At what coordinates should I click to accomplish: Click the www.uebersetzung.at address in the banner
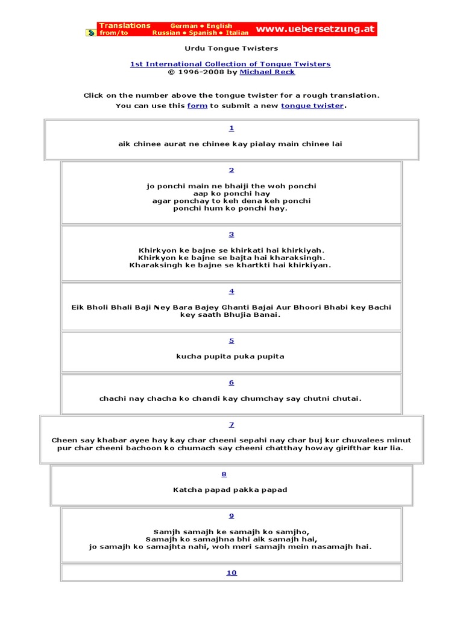[x=315, y=29]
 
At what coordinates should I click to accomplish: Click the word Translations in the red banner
[x=125, y=25]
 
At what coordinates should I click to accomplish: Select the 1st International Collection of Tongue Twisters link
[x=230, y=64]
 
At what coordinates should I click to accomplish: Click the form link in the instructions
[x=197, y=106]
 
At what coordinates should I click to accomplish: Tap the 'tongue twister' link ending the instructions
[x=312, y=106]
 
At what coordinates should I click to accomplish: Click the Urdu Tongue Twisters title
[x=231, y=48]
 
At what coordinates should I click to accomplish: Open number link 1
[x=231, y=128]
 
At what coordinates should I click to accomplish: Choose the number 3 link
[x=231, y=234]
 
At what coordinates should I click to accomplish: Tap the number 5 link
[x=231, y=341]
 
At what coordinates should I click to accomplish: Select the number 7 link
[x=231, y=425]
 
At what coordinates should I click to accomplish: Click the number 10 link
[x=231, y=573]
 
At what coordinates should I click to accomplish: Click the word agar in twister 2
[x=163, y=201]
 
